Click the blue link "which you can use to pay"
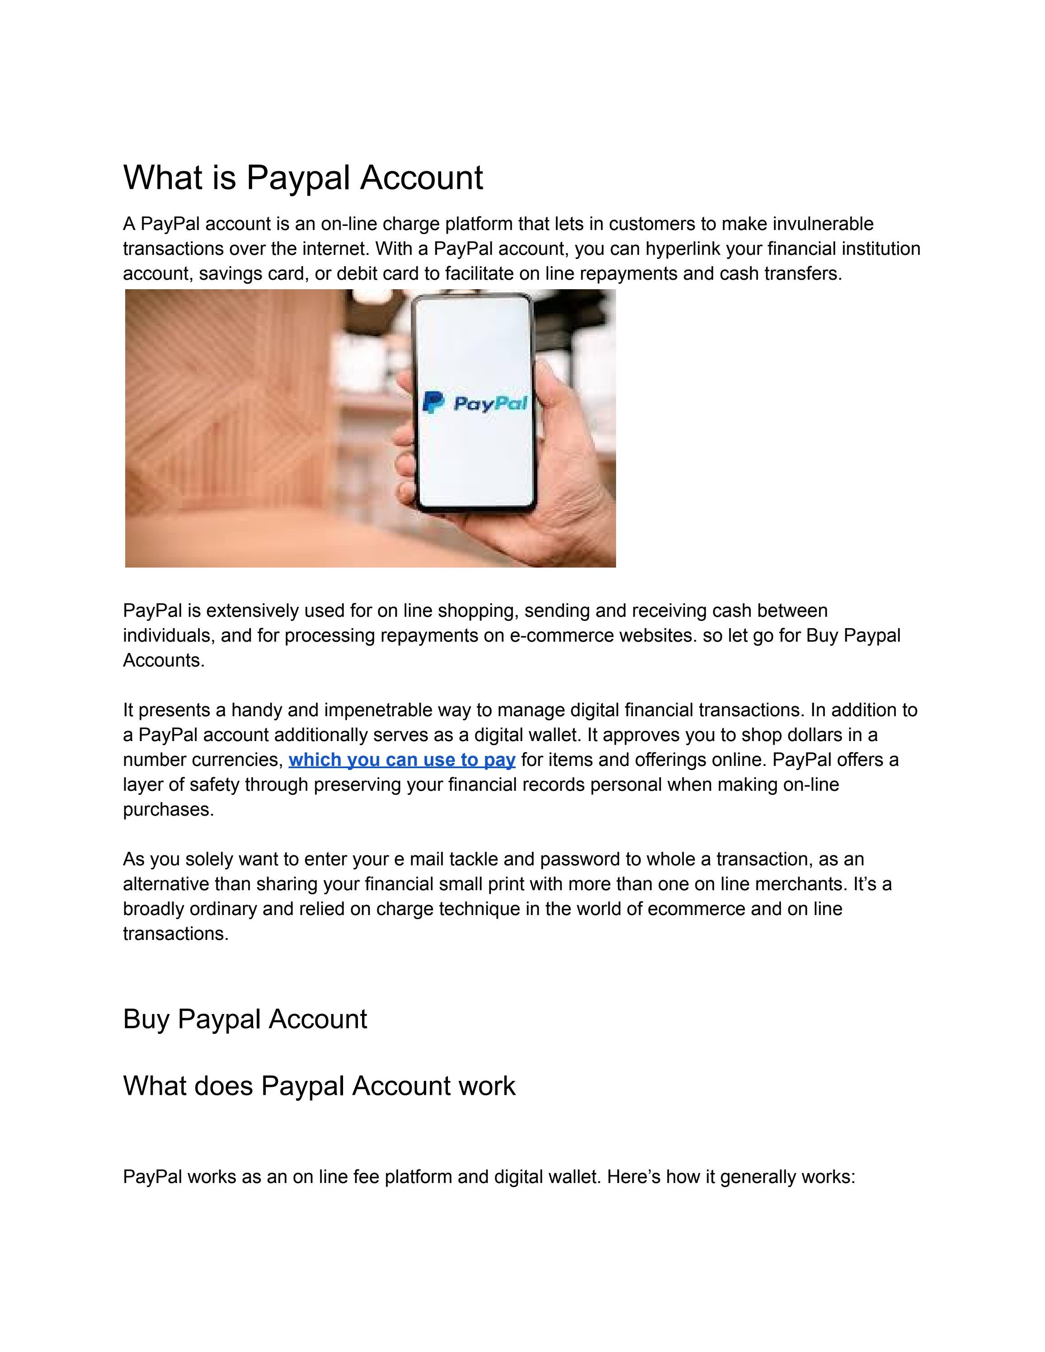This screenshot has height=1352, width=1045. [402, 760]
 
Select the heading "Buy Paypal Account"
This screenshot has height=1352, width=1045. [245, 1019]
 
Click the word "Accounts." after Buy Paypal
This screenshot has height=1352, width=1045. [164, 661]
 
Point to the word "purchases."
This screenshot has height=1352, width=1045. [169, 810]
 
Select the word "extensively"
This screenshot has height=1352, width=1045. [254, 611]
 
